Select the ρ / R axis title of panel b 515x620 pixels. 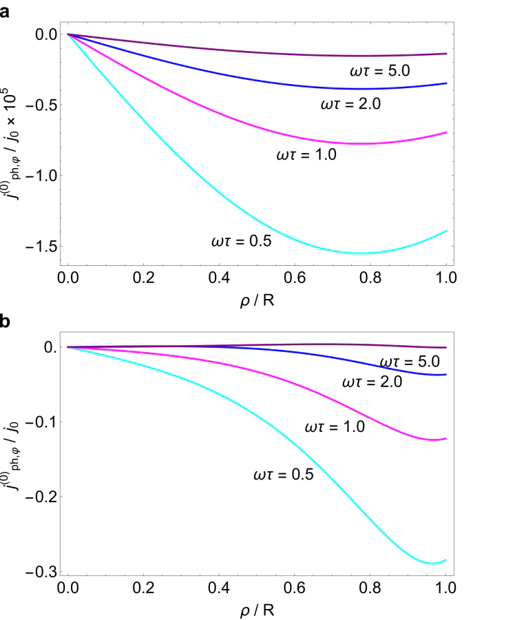[x=257, y=610]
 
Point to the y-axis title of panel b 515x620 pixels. [x=15, y=458]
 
